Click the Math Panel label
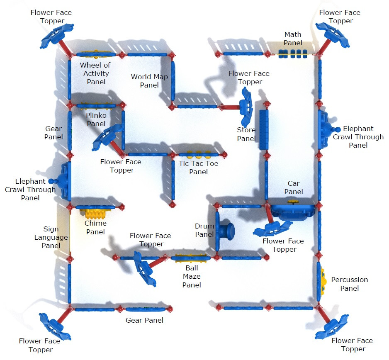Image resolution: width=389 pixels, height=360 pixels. (293, 39)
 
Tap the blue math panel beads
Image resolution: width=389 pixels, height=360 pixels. (292, 54)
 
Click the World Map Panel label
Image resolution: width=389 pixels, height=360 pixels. (149, 81)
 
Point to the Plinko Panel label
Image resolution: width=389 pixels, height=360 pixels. (96, 119)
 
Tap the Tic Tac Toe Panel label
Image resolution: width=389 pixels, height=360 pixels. (198, 168)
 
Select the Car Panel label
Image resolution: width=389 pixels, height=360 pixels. (294, 187)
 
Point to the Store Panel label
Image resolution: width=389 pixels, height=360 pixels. (246, 134)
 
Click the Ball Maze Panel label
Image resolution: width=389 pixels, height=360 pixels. (192, 276)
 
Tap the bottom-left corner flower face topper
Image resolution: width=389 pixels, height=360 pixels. (53, 325)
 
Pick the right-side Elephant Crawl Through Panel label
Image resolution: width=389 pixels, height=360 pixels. (358, 137)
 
